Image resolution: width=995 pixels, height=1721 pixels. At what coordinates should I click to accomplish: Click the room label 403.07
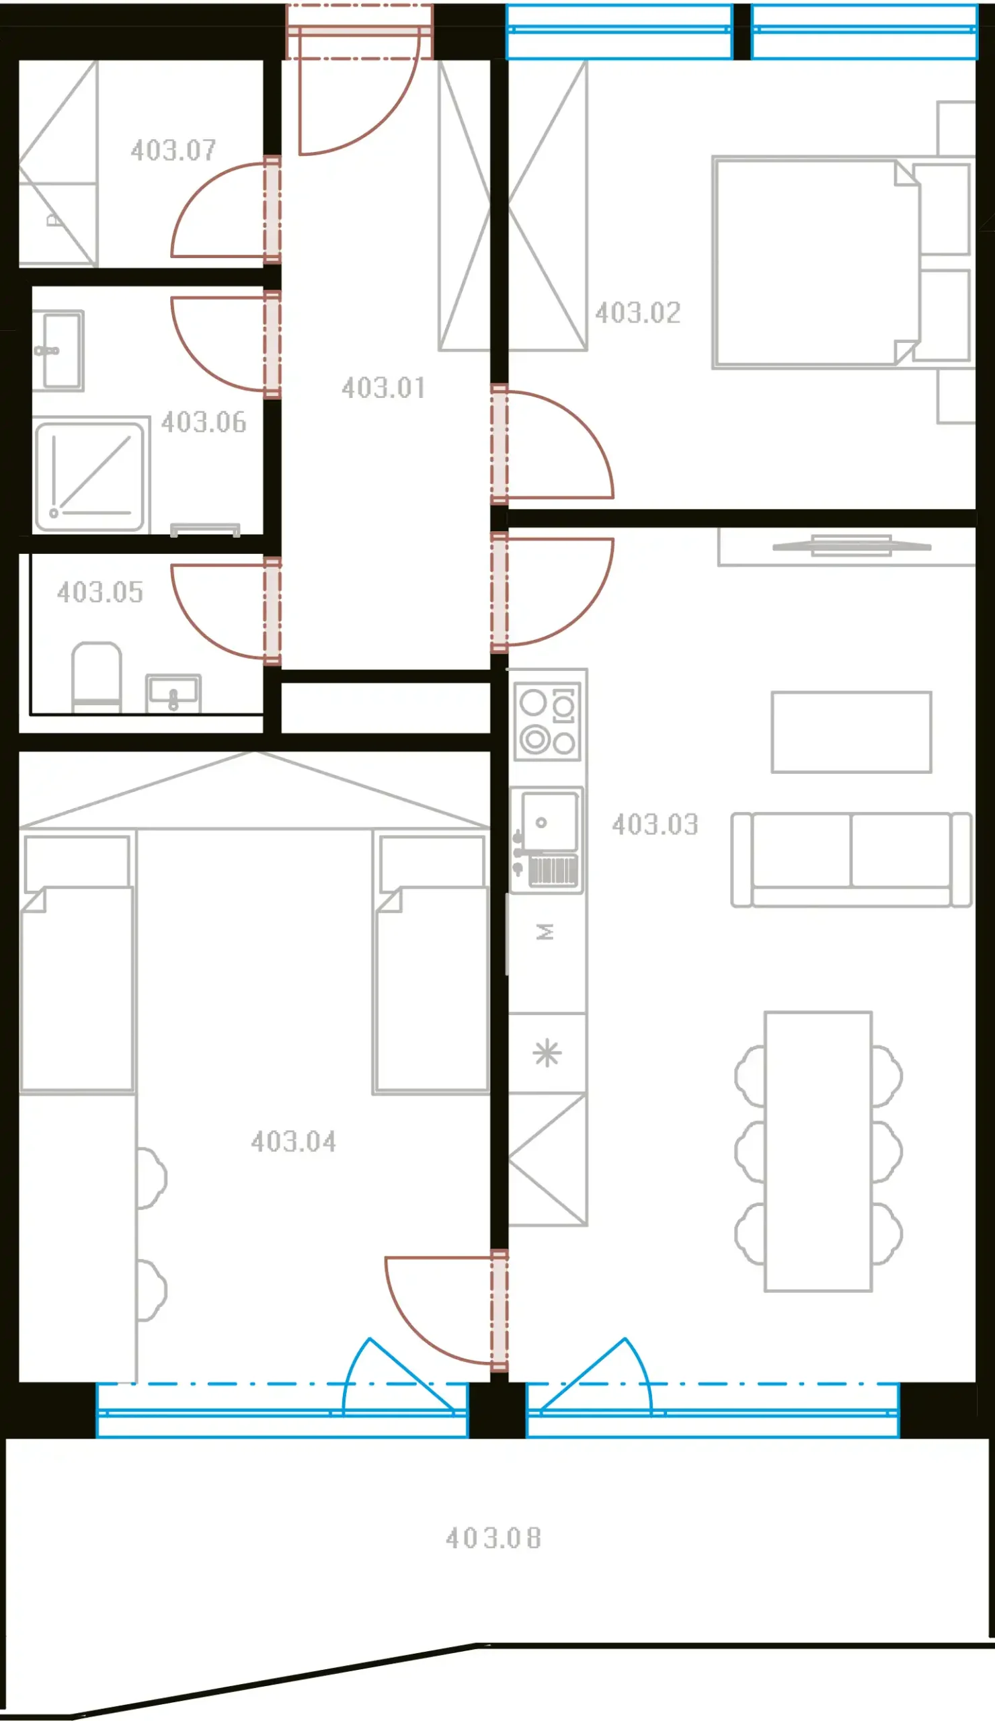173,150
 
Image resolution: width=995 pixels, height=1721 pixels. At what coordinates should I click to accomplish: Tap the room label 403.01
383,388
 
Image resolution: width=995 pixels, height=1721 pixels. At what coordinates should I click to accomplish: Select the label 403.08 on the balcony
493,1538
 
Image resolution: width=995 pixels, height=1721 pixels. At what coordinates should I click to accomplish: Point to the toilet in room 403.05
97,677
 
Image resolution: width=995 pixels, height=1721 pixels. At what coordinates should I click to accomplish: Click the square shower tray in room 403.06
90,477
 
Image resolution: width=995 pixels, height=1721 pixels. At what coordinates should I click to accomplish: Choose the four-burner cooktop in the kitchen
548,721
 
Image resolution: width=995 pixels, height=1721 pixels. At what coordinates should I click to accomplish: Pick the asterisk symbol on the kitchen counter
547,1053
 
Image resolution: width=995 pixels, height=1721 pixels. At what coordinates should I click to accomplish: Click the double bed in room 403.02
817,263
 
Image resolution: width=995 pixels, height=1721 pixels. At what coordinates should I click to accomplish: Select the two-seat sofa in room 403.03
851,860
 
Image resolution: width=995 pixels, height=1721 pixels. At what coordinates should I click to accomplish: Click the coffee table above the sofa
852,732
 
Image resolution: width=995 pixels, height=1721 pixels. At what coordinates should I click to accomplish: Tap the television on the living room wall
852,546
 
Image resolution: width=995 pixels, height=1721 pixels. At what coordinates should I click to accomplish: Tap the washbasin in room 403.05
173,694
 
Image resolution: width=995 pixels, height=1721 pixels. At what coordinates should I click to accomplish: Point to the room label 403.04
294,1142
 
